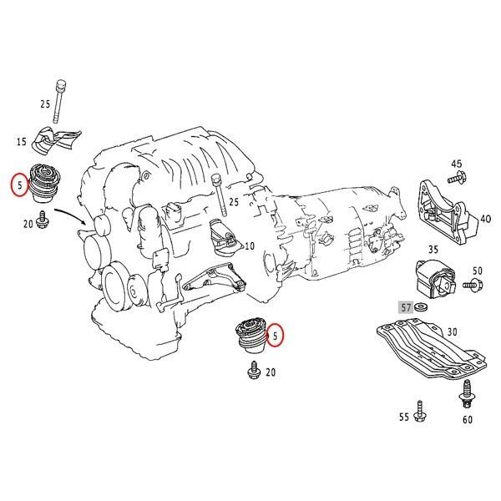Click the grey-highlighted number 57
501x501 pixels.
[x=406, y=307]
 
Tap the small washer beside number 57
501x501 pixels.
[x=421, y=307]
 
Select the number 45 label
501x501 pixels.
[x=456, y=164]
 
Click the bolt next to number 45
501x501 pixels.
[x=457, y=178]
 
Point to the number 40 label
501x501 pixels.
[x=486, y=219]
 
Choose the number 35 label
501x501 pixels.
[x=433, y=249]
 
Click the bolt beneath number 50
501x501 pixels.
[x=473, y=284]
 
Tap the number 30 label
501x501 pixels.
[x=452, y=332]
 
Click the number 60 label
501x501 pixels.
[x=467, y=419]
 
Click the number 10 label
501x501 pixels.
[x=249, y=245]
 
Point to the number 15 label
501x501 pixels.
[x=22, y=141]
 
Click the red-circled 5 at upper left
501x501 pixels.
[x=20, y=185]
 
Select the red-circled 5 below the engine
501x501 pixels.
[x=275, y=335]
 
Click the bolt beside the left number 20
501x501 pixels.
[x=42, y=220]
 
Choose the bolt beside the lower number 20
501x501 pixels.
[x=255, y=370]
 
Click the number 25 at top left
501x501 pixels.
[x=45, y=104]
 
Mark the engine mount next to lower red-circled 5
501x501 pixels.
[x=250, y=336]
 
